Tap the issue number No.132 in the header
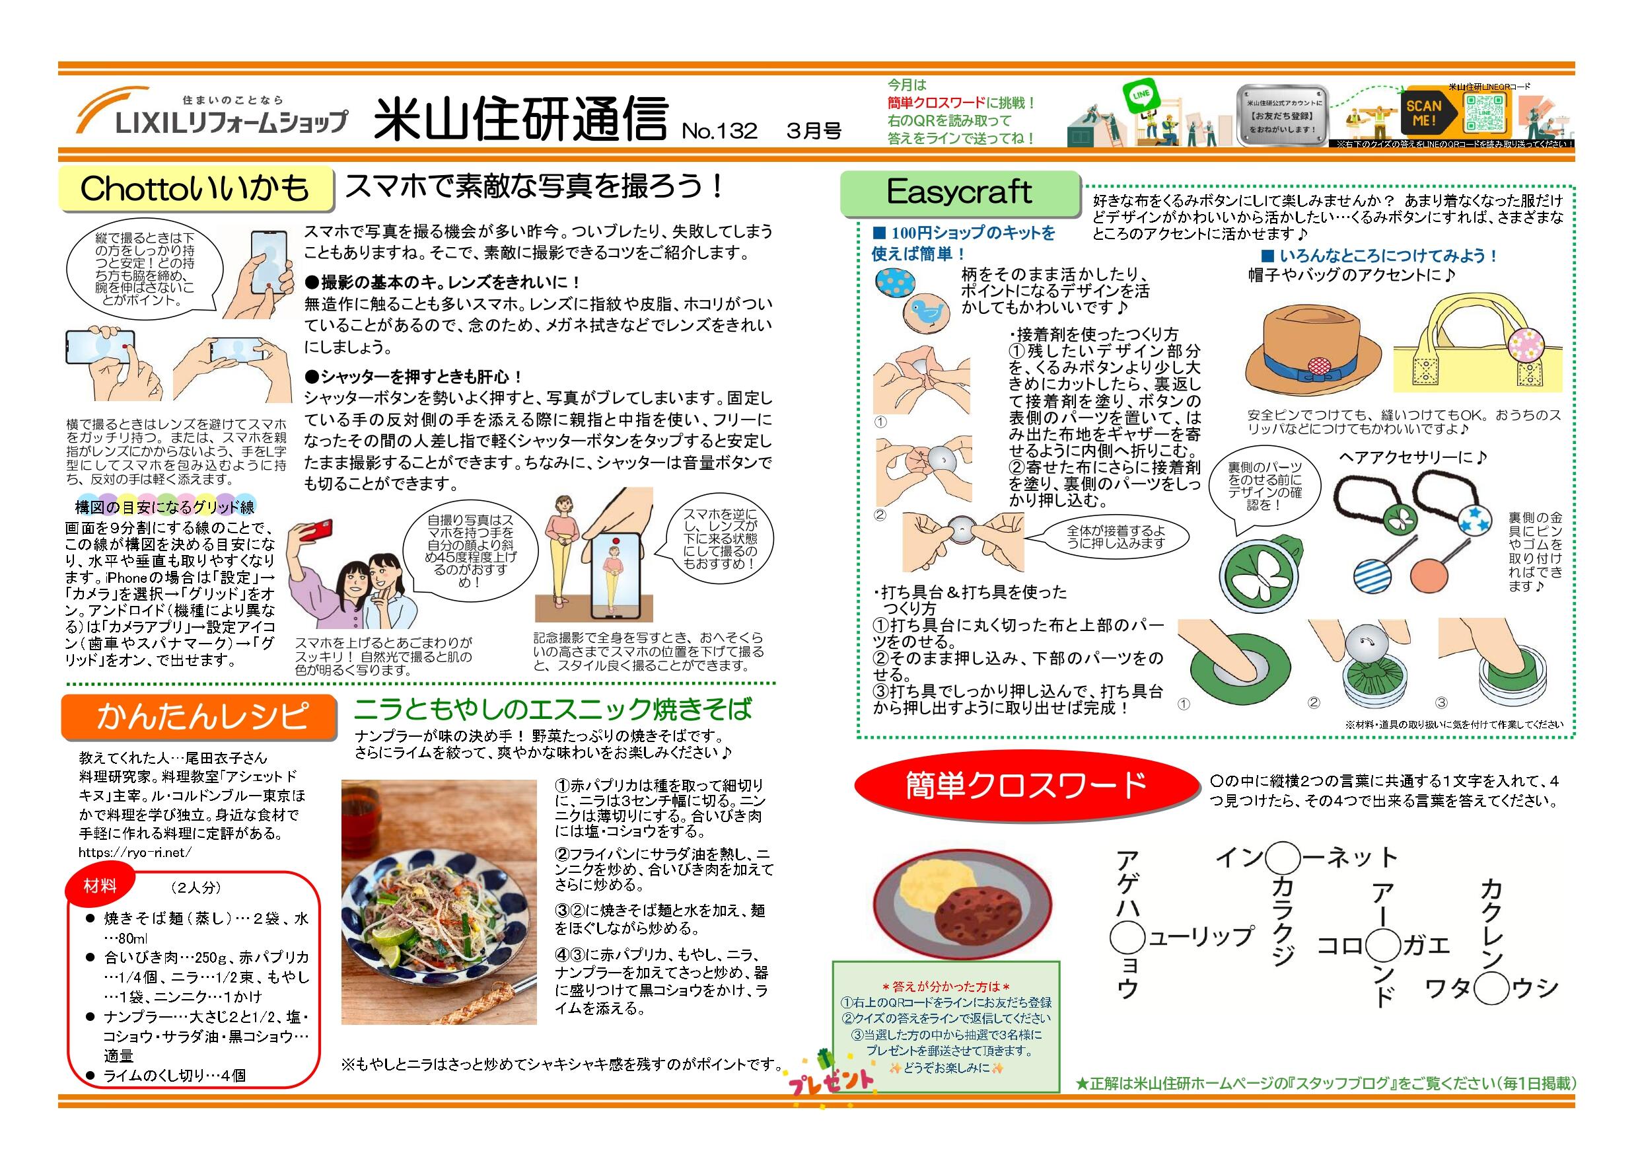(719, 131)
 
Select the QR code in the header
(1487, 113)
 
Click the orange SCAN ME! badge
(1423, 113)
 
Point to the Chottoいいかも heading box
(196, 189)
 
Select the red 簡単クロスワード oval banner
(1026, 785)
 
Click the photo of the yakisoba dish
(438, 902)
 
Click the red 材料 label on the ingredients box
(100, 886)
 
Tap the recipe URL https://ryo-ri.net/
(135, 852)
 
